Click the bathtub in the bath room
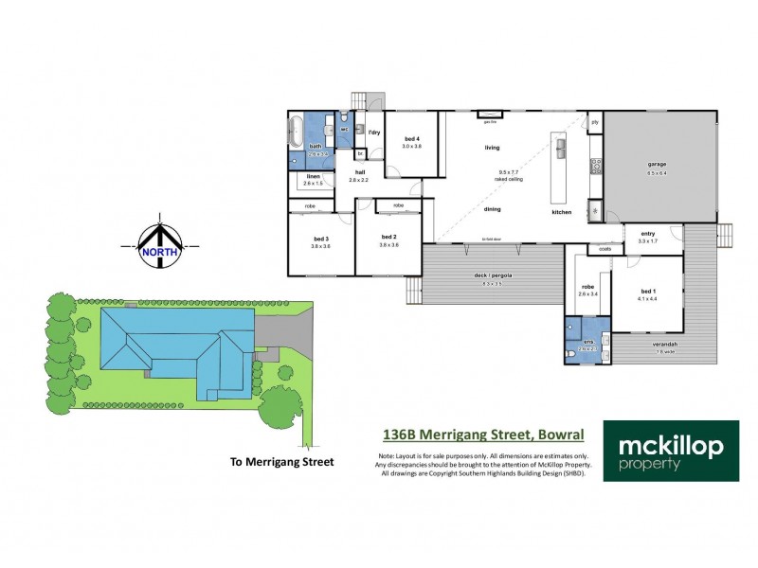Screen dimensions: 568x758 (296, 128)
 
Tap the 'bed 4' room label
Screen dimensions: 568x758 (411, 139)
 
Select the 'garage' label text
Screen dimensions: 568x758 (657, 165)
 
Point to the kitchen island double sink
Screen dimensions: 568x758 (561, 149)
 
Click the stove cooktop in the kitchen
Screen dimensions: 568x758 (597, 166)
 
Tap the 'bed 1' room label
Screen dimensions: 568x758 (647, 293)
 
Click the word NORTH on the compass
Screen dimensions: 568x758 (160, 252)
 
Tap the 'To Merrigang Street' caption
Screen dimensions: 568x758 (282, 462)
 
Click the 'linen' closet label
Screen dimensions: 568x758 (314, 177)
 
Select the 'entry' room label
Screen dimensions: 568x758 (648, 234)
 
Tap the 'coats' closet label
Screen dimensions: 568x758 (604, 250)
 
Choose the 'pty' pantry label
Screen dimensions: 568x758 (595, 122)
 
